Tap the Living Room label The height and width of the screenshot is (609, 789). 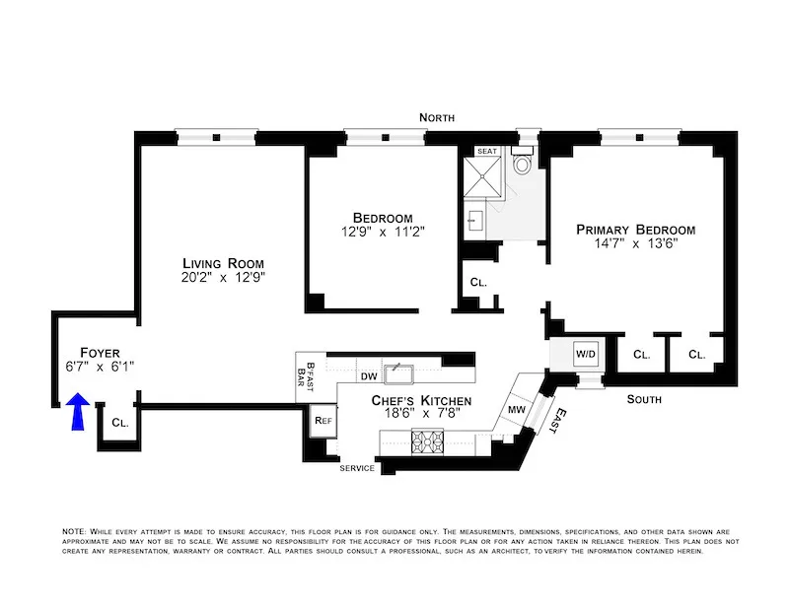click(224, 263)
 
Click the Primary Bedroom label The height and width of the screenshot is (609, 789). click(635, 229)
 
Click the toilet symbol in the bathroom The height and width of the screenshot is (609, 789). click(523, 164)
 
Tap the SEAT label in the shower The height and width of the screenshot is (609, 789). click(487, 152)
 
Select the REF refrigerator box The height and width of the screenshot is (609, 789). click(323, 421)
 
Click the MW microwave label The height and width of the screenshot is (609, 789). click(516, 409)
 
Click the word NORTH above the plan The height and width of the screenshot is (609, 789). click(437, 117)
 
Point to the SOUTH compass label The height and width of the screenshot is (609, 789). click(645, 399)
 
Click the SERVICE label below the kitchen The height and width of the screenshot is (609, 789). click(357, 468)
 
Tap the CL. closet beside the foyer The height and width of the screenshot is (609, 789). click(119, 422)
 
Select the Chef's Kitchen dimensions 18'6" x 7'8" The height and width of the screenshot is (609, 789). click(420, 418)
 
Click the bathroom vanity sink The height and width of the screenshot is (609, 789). click(473, 220)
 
